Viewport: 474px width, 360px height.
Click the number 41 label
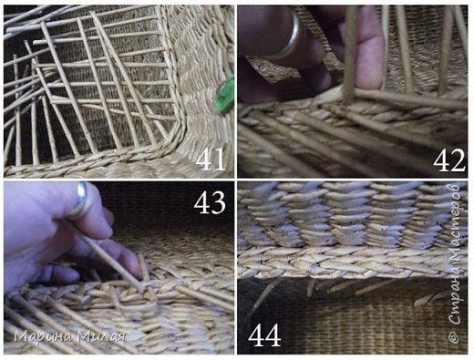[x=211, y=159]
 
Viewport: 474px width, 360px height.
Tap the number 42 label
[x=449, y=160]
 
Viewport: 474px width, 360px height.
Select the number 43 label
[x=210, y=202]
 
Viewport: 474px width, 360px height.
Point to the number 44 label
[x=264, y=335]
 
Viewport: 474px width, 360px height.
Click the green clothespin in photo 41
[x=225, y=95]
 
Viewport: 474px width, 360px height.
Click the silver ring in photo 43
[x=80, y=200]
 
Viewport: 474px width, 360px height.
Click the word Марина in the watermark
[x=44, y=337]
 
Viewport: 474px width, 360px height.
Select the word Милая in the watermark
[x=101, y=336]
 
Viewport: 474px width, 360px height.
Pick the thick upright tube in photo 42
[x=350, y=55]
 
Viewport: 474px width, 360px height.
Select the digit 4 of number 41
[x=203, y=159]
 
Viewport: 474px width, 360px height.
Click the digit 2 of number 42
[x=458, y=160]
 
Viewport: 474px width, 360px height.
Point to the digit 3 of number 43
[x=219, y=202]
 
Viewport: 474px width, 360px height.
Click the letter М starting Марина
[x=20, y=336]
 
